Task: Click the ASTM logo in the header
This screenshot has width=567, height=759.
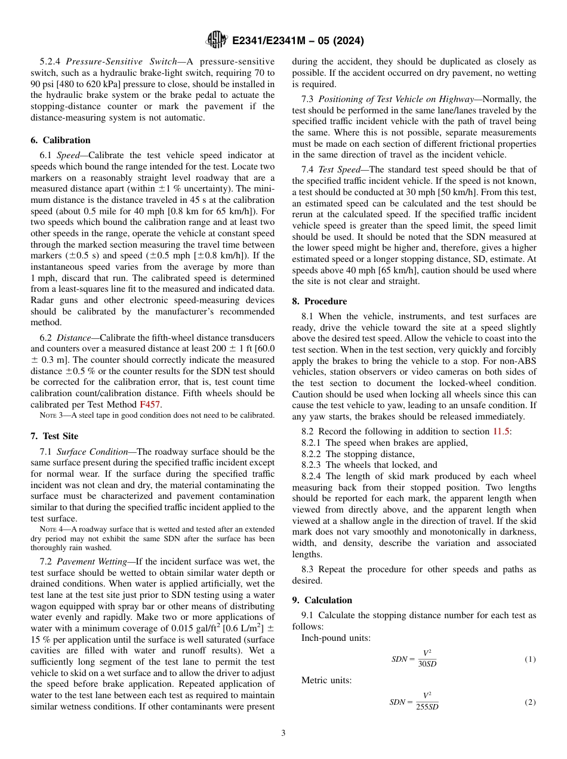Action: pyautogui.click(x=216, y=40)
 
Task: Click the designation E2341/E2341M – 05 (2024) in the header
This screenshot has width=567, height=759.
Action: pyautogui.click(x=298, y=41)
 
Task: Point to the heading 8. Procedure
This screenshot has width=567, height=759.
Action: pyautogui.click(x=319, y=301)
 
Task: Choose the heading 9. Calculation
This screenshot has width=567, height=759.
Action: pyautogui.click(x=322, y=600)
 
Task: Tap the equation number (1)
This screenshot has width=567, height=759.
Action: pyautogui.click(x=530, y=659)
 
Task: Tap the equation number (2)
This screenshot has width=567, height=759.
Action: pyautogui.click(x=530, y=702)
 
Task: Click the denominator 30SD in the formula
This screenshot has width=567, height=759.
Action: pyautogui.click(x=427, y=664)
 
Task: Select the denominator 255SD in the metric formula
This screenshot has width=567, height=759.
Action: pyautogui.click(x=427, y=707)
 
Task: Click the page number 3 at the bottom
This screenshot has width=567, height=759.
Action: pyautogui.click(x=283, y=733)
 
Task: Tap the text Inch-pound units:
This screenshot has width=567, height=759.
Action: pyautogui.click(x=335, y=638)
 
